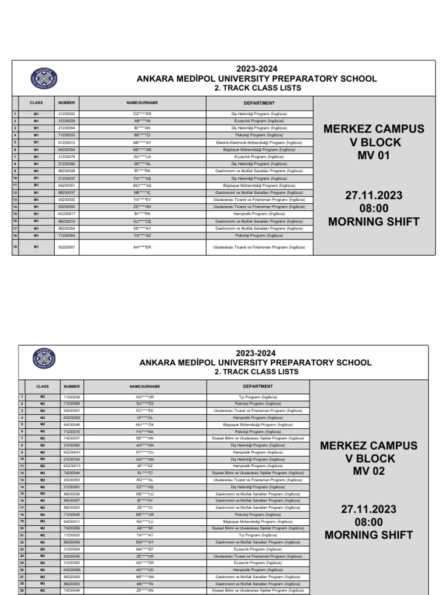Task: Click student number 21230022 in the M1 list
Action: pyautogui.click(x=66, y=113)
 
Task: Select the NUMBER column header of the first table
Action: pyautogui.click(x=66, y=102)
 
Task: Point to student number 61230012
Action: pyautogui.click(x=66, y=142)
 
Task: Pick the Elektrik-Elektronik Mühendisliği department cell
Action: pyautogui.click(x=259, y=142)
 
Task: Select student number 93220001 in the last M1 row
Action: pyautogui.click(x=66, y=247)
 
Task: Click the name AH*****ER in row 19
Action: pyautogui.click(x=142, y=247)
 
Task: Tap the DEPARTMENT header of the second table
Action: pyautogui.click(x=258, y=386)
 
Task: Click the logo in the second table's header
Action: pyautogui.click(x=44, y=359)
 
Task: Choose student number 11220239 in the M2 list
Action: pyautogui.click(x=72, y=396)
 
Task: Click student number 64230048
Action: pyautogui.click(x=72, y=424)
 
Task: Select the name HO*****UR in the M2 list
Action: pyautogui.click(x=144, y=396)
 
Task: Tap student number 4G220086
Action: pyautogui.click(x=72, y=570)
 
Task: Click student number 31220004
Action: pyautogui.click(x=72, y=549)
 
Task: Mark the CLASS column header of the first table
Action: pyautogui.click(x=36, y=102)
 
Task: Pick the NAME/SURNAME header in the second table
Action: pyautogui.click(x=144, y=386)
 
